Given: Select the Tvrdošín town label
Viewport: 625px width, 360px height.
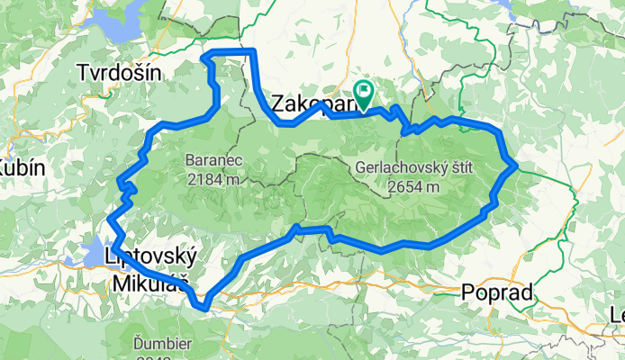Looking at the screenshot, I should (x=120, y=72).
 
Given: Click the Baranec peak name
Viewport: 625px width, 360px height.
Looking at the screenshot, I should (x=213, y=160).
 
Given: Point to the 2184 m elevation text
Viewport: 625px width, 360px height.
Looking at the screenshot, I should (x=213, y=179).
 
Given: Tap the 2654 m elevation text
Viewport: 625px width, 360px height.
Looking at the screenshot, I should (x=415, y=187).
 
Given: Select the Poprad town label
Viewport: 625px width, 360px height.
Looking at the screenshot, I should (x=496, y=292).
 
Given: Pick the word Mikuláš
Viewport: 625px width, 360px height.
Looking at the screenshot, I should (x=149, y=284).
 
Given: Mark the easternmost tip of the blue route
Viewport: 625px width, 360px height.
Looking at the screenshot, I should (x=514, y=166).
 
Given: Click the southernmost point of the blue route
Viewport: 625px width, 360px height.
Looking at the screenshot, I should (x=206, y=309).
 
